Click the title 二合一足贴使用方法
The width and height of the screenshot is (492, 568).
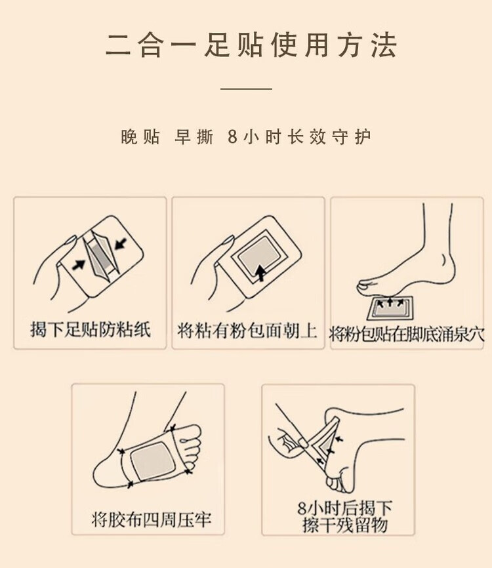click(x=251, y=46)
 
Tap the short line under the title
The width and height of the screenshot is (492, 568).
click(x=247, y=89)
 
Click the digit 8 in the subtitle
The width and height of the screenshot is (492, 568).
click(x=233, y=137)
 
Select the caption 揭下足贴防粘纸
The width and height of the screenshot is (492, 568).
click(x=91, y=330)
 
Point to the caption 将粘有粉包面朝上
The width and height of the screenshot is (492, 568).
click(x=247, y=331)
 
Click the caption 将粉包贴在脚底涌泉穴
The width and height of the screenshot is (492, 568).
click(x=407, y=334)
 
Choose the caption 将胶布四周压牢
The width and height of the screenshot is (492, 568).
click(x=152, y=519)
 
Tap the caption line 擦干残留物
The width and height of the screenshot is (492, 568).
click(x=345, y=525)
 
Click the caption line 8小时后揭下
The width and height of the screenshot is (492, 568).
click(x=345, y=508)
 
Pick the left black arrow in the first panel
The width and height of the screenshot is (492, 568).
click(x=79, y=264)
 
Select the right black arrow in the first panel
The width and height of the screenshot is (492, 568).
click(x=121, y=243)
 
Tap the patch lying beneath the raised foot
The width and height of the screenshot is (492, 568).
click(x=390, y=308)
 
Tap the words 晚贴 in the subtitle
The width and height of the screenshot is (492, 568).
click(x=140, y=137)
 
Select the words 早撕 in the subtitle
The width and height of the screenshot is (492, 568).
click(x=194, y=137)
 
